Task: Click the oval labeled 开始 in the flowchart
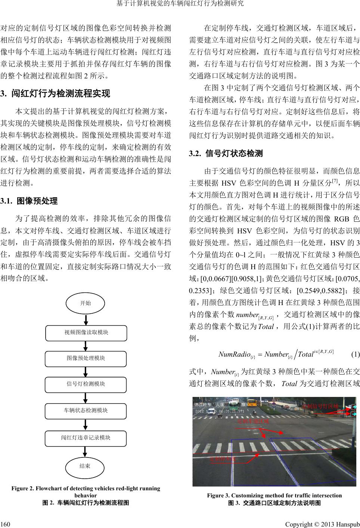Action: click(86, 303)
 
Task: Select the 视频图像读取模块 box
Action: click(86, 332)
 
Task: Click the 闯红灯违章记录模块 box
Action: click(86, 438)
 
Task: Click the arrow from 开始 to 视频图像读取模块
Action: click(86, 320)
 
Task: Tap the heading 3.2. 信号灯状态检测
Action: click(226, 153)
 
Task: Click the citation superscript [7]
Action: click(335, 181)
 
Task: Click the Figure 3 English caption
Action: click(274, 496)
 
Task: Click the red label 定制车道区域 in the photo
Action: click(253, 421)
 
